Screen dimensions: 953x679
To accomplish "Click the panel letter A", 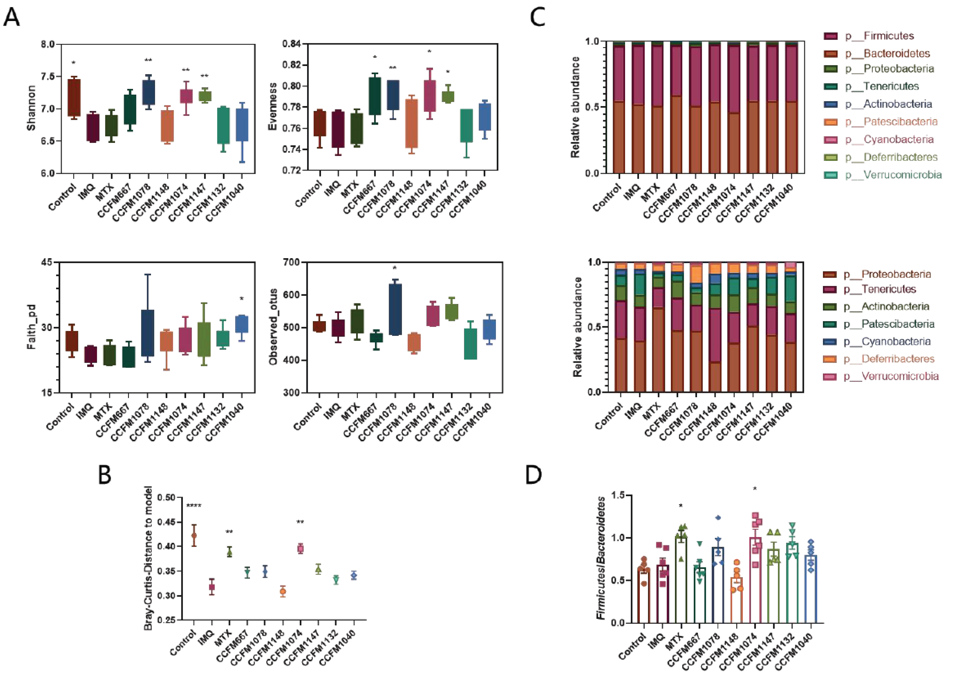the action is click(x=12, y=17).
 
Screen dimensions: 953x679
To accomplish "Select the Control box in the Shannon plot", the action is click(x=74, y=97).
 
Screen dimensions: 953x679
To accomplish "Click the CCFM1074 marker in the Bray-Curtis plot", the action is click(x=300, y=549).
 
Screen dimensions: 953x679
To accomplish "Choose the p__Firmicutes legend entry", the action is click(x=869, y=36).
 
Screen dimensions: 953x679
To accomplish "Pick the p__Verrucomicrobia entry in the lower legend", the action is click(x=881, y=376).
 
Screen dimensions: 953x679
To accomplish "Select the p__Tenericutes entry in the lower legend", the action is click(x=869, y=289).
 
